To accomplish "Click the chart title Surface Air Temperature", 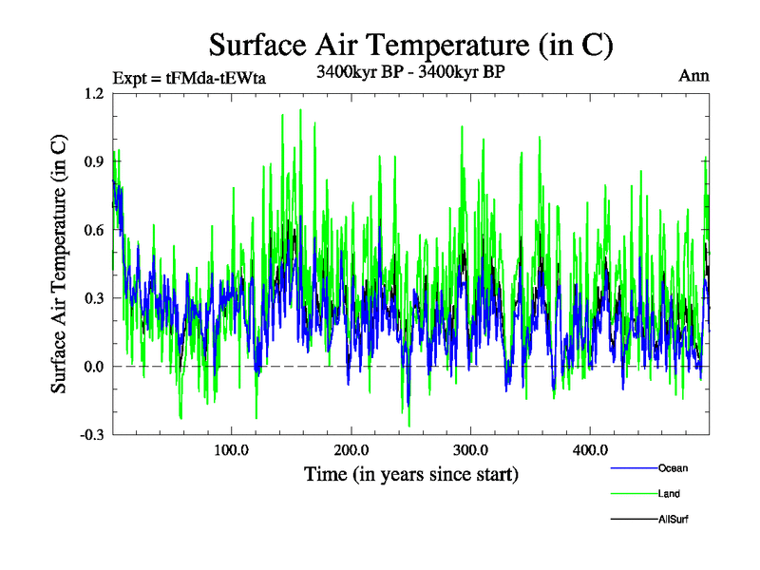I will (x=410, y=45).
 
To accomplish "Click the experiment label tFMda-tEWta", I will (x=189, y=79).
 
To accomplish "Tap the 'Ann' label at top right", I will (x=693, y=76).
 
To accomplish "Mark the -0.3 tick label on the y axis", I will (x=91, y=434).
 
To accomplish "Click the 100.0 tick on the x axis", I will (x=231, y=449).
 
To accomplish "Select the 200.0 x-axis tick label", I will (x=351, y=449).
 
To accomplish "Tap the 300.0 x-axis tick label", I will (x=470, y=449).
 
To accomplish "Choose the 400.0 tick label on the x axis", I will (x=590, y=449).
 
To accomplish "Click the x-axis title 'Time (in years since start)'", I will (x=410, y=472).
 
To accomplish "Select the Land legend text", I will (x=669, y=493).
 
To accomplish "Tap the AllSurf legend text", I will (x=672, y=518).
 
